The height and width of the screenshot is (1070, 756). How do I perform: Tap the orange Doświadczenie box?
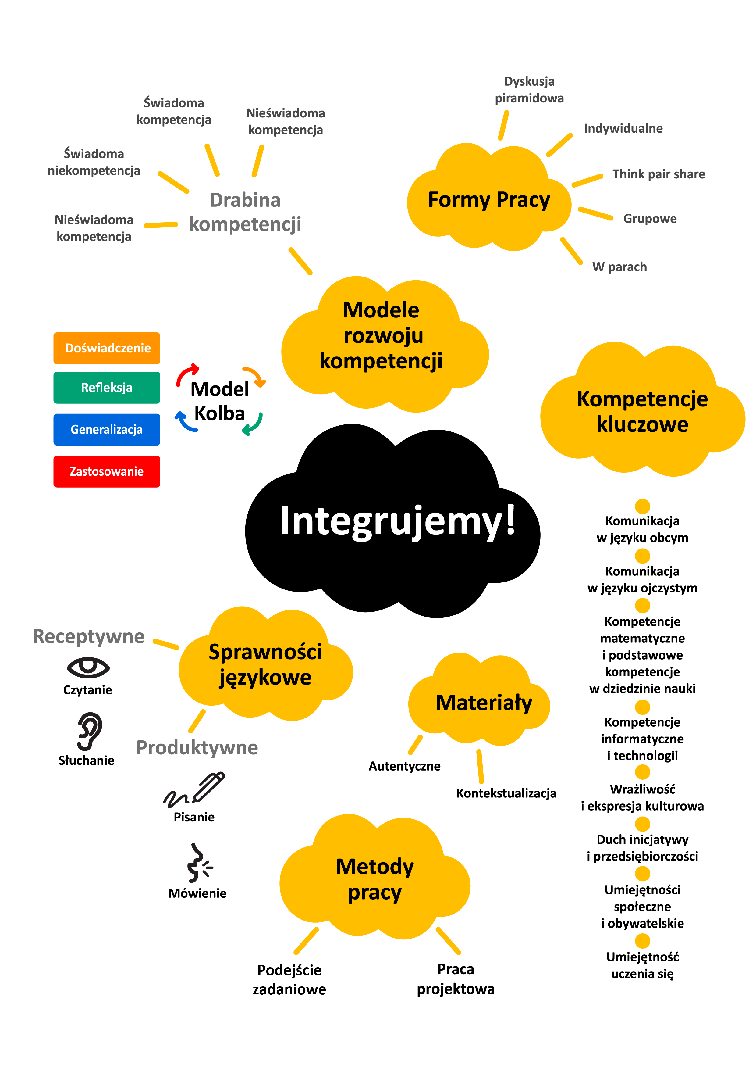coord(107,348)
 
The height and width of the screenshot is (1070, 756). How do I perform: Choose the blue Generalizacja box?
coord(107,430)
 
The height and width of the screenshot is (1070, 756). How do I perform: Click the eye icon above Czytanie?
coord(88,667)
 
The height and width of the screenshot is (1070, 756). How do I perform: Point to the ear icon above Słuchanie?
coord(89,731)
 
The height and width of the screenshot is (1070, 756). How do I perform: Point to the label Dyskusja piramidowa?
coord(529,90)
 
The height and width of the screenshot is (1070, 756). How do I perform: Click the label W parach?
coord(619,267)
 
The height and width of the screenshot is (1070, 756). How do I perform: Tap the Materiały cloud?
coord(484,703)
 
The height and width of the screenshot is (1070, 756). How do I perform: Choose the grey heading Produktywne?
coord(197,747)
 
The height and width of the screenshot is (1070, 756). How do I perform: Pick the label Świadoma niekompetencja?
coord(94,162)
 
